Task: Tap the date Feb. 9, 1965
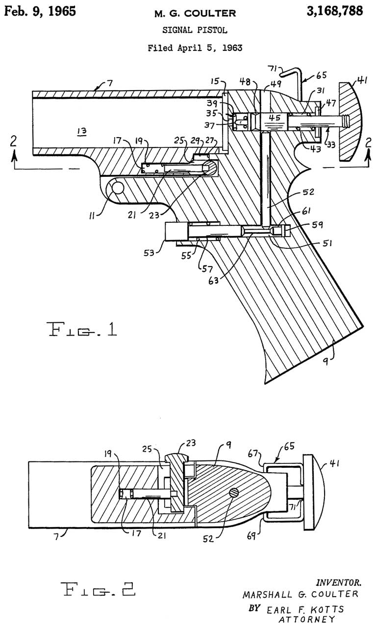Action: coord(40,11)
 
